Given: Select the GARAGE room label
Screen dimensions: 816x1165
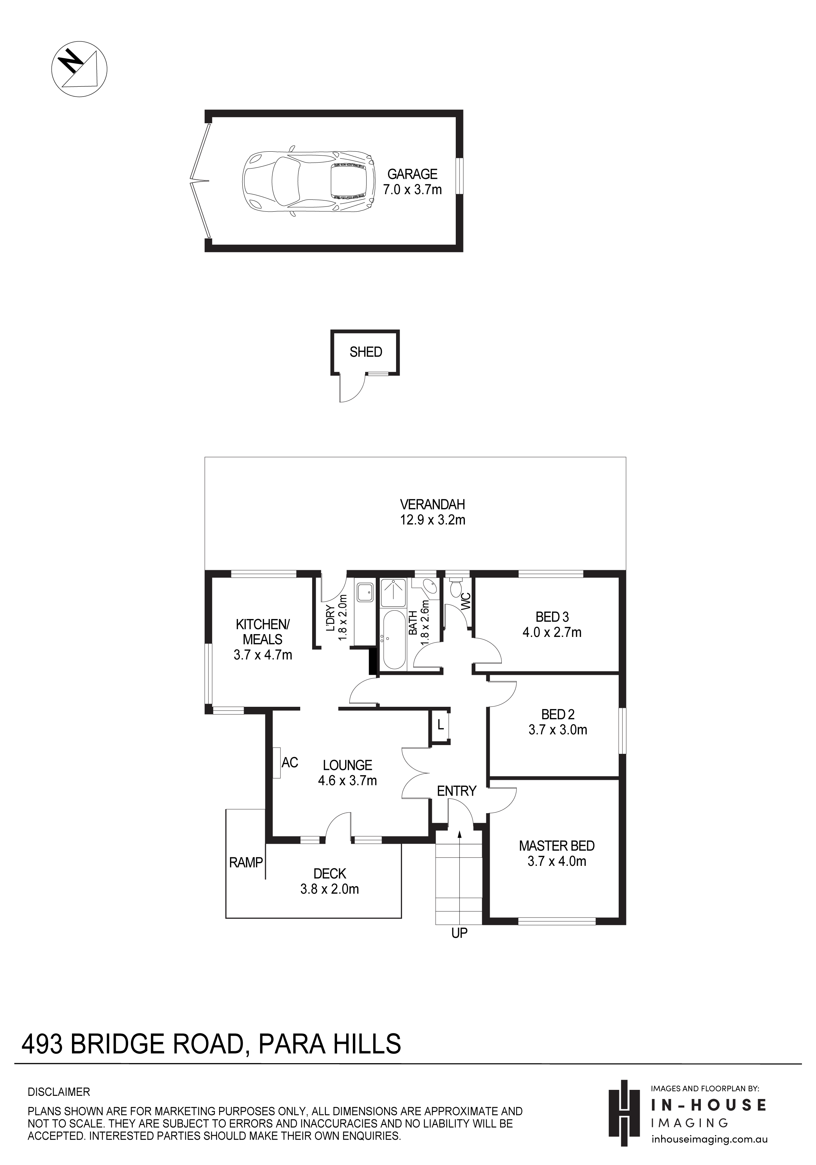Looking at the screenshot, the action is pos(412,174).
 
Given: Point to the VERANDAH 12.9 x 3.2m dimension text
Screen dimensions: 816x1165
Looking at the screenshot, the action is pos(432,520).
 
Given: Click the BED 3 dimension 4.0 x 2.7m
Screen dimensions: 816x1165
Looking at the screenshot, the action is pos(552,632).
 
